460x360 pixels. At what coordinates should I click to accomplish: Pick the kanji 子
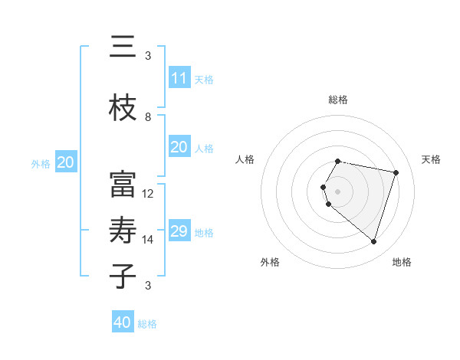[123, 275]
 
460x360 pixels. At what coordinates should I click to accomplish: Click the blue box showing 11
[179, 78]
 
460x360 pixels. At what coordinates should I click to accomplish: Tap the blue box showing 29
[179, 231]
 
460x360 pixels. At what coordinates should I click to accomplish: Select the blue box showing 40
[123, 322]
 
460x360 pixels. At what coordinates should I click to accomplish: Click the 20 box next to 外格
[66, 162]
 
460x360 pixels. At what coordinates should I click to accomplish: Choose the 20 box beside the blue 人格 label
[179, 147]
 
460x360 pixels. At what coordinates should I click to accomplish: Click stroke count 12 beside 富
[149, 194]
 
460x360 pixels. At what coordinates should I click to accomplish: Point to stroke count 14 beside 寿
[149, 240]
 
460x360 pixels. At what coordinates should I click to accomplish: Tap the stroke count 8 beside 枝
[148, 117]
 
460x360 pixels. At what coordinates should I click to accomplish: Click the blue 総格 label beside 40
[147, 324]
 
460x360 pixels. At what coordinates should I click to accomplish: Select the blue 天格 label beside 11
[204, 80]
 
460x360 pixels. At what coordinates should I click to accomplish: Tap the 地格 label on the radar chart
[402, 262]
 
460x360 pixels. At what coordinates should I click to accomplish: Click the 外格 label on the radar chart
[270, 262]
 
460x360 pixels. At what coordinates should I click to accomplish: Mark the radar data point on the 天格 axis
[396, 172]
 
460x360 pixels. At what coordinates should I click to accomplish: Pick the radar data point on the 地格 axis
[373, 242]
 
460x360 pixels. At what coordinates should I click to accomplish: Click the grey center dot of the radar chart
[337, 191]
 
